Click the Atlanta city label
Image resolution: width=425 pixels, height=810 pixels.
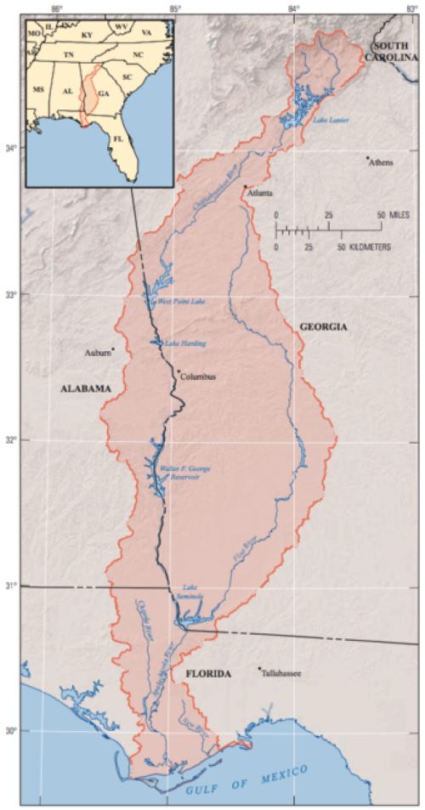pos(260,194)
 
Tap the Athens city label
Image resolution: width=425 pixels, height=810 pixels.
pos(380,162)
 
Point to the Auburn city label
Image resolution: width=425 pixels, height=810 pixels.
pos(97,352)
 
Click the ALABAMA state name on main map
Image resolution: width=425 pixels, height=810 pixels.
pos(86,388)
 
